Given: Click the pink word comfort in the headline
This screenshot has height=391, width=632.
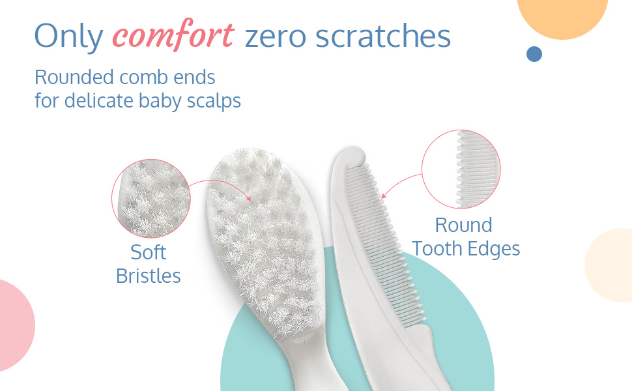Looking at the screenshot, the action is pyautogui.click(x=173, y=35).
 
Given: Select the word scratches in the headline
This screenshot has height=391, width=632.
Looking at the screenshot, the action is pyautogui.click(x=383, y=35).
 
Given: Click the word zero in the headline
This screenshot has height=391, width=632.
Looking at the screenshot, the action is pyautogui.click(x=276, y=38).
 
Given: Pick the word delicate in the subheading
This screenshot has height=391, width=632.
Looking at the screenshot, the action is pyautogui.click(x=99, y=100).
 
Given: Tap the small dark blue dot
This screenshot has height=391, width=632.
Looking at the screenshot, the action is pyautogui.click(x=534, y=54).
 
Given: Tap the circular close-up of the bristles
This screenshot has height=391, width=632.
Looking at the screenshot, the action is pyautogui.click(x=151, y=198).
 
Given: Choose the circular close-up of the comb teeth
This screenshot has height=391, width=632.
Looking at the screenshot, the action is pyautogui.click(x=461, y=169).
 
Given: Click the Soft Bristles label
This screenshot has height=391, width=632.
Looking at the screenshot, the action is pyautogui.click(x=149, y=265).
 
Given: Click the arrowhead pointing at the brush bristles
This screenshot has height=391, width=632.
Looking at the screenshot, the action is pyautogui.click(x=249, y=198).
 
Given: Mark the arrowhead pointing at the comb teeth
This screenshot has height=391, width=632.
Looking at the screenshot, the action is pyautogui.click(x=383, y=195).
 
